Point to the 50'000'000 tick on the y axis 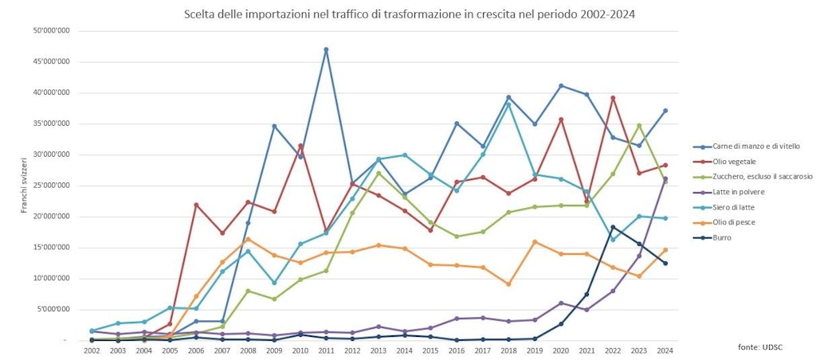pyautogui.click(x=51, y=31)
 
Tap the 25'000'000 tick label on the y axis pyautogui.click(x=51, y=186)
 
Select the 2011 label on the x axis pyautogui.click(x=326, y=350)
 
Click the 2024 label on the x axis pyautogui.click(x=665, y=350)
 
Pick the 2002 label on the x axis pyautogui.click(x=92, y=350)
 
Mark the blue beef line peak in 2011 pyautogui.click(x=326, y=49)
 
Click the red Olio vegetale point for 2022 pyautogui.click(x=613, y=98)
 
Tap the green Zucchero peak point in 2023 pyautogui.click(x=639, y=126)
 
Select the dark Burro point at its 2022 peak pyautogui.click(x=613, y=227)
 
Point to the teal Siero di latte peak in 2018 pyautogui.click(x=508, y=104)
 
